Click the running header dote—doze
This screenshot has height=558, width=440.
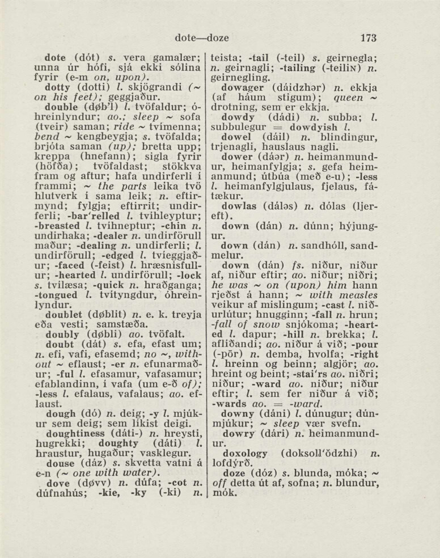tap(202, 38)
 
